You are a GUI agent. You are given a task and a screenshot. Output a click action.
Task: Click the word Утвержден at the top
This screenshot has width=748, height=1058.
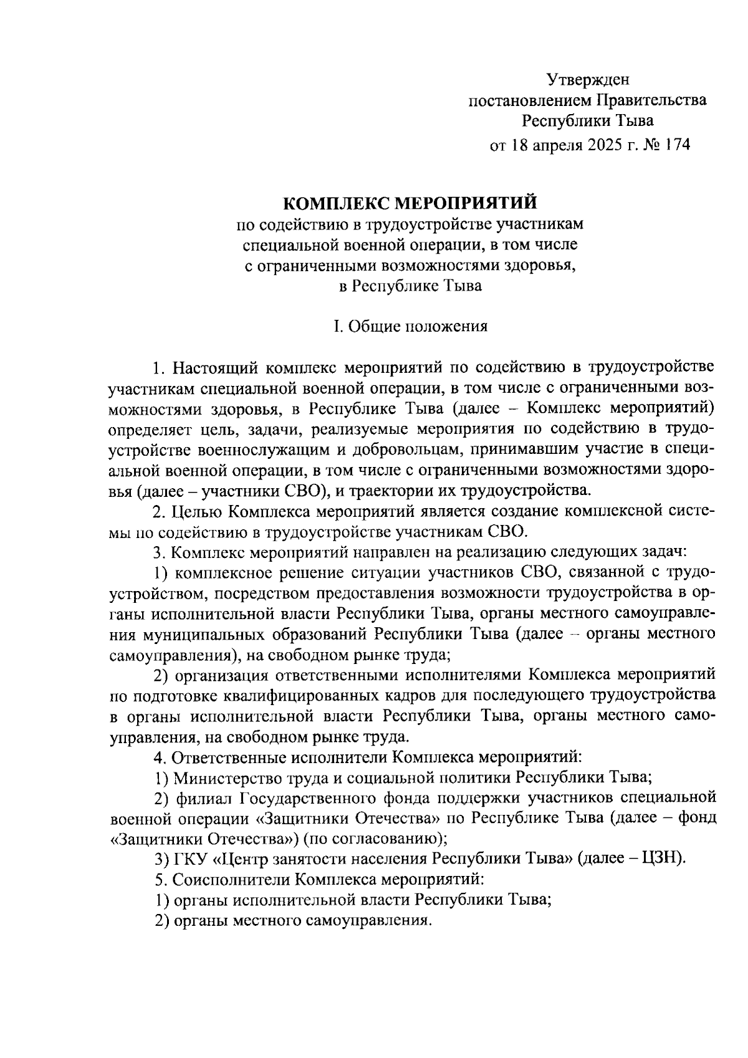(588, 79)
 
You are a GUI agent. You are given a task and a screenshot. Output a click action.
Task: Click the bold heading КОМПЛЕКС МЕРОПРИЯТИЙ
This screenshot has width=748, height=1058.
(410, 203)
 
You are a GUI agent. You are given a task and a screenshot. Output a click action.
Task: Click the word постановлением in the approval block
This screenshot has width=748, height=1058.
(527, 100)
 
